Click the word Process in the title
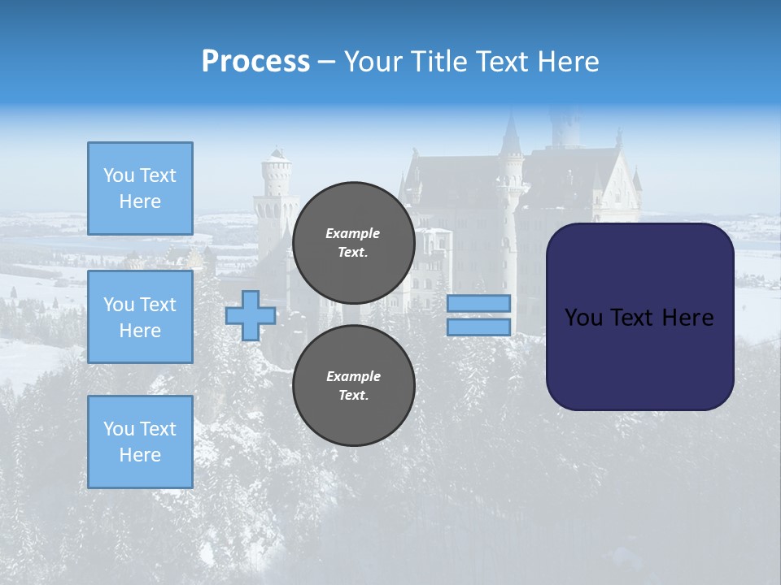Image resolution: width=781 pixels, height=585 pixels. (x=255, y=62)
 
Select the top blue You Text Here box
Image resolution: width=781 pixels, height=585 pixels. (x=140, y=188)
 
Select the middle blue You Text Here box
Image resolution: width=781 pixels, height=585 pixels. (x=140, y=317)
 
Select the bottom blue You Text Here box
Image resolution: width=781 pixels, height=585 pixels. (x=140, y=441)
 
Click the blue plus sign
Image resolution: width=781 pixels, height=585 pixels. (x=250, y=315)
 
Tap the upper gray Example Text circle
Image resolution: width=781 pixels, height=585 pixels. (x=353, y=243)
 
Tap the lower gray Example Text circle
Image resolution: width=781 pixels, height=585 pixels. (x=353, y=386)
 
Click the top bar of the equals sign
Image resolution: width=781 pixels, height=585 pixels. (x=478, y=303)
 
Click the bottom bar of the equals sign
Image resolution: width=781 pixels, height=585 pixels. (x=478, y=327)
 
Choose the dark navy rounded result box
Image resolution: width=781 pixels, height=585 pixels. (x=639, y=316)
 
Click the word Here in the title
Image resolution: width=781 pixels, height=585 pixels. (x=569, y=62)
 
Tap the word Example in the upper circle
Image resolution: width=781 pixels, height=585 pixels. (x=353, y=233)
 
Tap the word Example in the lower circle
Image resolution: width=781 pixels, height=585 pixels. (x=353, y=376)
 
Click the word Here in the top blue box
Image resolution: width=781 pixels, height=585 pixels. (x=140, y=201)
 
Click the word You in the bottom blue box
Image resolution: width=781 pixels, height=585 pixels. (x=118, y=429)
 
